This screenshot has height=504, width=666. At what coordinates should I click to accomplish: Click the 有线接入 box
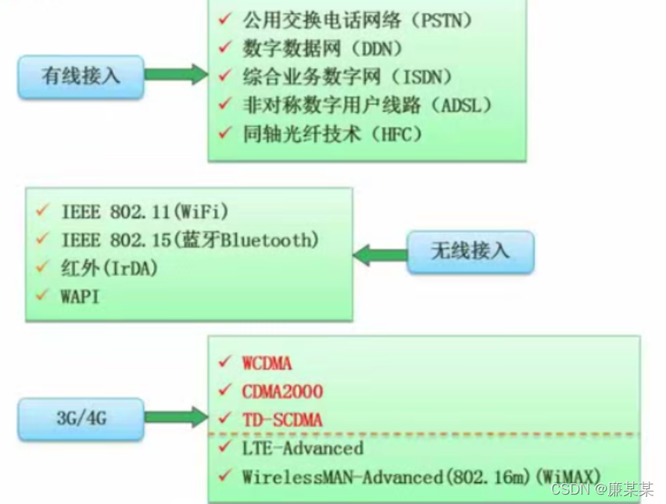[81, 76]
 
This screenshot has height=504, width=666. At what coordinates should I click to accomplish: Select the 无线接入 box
[470, 251]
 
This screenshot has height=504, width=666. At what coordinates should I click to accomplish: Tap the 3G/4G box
[81, 418]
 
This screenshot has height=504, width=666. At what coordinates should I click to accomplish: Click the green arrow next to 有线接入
[177, 76]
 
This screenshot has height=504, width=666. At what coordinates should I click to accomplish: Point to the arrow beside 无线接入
[380, 254]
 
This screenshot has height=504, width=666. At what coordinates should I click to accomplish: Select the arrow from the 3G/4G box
[177, 418]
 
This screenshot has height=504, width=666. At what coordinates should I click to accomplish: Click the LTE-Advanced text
[303, 448]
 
